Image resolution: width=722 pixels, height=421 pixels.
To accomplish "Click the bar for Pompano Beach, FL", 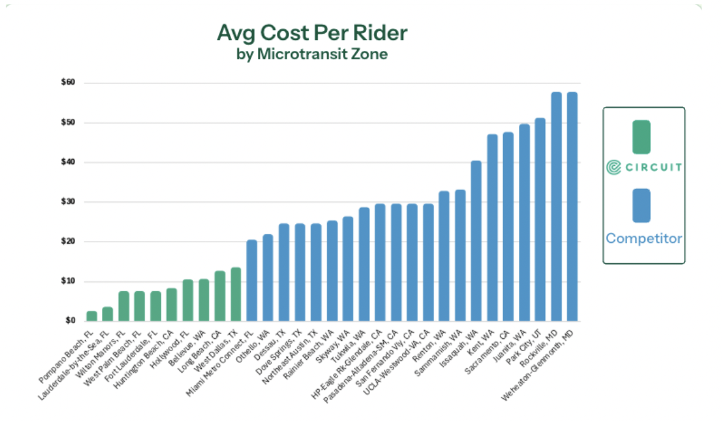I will coord(92,316).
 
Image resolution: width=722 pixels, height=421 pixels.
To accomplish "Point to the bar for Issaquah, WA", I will coord(476,241).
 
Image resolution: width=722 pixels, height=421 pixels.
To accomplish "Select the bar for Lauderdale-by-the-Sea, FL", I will coord(108,314).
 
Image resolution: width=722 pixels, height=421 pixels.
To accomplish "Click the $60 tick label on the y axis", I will coord(68,83).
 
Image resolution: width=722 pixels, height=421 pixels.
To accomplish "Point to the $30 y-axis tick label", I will coord(68,202).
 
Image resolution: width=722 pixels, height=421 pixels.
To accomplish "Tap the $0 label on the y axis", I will coord(70,321).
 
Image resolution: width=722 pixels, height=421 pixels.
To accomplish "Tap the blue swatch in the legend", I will coord(641,205).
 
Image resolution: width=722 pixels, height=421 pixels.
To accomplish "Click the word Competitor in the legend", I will coord(644,238).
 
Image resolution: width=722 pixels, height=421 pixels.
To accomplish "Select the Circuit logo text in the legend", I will coord(644,167).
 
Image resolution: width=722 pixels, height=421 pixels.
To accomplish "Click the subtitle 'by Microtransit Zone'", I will coord(311,54).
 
